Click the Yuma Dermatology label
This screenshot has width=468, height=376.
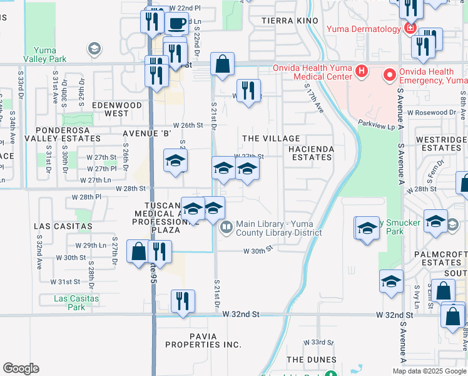(362, 29)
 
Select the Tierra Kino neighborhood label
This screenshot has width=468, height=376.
(287, 21)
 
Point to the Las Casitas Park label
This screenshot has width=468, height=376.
(76, 303)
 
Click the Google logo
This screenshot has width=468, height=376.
(21, 368)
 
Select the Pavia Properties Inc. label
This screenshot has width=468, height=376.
(203, 340)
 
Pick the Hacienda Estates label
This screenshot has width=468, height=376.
(311, 153)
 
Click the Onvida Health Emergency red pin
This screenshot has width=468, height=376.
(389, 76)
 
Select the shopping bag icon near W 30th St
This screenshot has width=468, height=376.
(138, 252)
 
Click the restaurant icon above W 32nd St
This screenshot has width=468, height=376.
(183, 300)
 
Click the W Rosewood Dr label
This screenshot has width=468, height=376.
(431, 113)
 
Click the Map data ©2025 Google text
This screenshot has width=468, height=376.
(429, 370)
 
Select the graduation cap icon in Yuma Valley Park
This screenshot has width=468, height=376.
(94, 48)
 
